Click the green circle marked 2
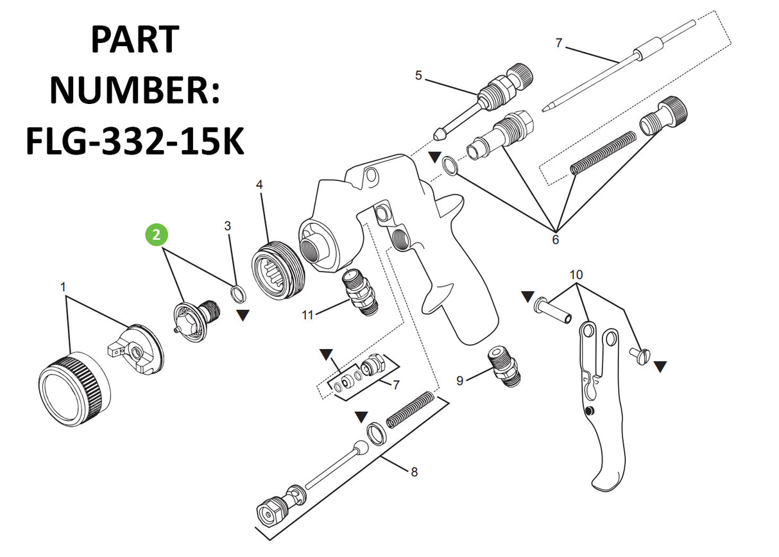point(157,235)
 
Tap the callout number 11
point(307,315)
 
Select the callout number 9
point(459,381)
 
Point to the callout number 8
point(414,472)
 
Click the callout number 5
point(418,75)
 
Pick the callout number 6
point(556,239)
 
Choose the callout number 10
point(576,275)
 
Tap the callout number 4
point(259,185)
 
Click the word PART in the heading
point(135,39)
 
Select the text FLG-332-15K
point(135,141)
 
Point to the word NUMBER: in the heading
point(135,90)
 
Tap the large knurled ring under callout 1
point(74,390)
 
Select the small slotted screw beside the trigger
point(640,356)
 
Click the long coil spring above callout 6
point(603,153)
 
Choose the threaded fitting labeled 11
point(360,293)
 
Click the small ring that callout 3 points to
point(238,294)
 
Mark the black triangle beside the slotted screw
point(660,367)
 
